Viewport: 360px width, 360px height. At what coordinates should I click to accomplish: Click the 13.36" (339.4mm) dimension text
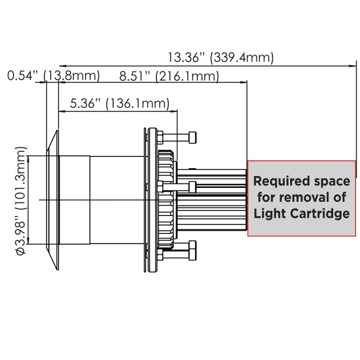221,57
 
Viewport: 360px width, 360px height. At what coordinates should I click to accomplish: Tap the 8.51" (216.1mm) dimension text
169,76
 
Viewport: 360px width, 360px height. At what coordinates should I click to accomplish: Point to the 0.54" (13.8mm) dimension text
53,76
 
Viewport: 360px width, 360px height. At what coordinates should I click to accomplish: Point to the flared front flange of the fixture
53,200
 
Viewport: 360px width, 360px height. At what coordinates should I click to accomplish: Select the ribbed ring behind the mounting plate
165,200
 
